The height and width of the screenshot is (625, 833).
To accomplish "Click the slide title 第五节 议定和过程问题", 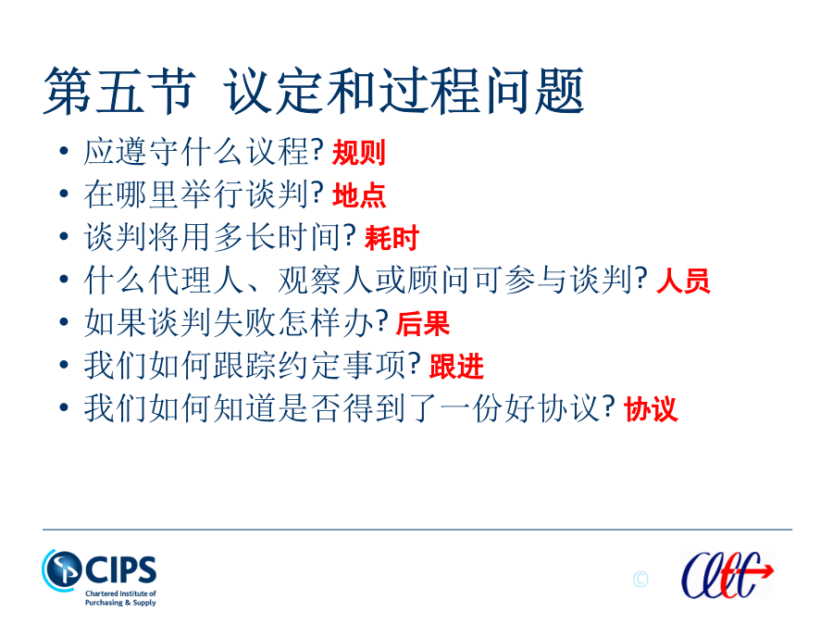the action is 314,91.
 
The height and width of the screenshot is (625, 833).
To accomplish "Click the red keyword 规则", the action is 358,153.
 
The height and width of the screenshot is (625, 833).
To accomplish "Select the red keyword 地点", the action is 358,195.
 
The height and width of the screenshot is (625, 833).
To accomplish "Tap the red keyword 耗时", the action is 392,238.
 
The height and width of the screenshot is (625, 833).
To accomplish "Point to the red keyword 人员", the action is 683,280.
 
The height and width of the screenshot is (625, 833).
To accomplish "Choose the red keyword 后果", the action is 423,323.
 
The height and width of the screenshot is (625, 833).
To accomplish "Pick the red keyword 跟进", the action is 456,366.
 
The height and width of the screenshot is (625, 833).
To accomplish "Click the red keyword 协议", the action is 651,408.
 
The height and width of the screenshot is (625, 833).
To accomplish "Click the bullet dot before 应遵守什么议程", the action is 64,152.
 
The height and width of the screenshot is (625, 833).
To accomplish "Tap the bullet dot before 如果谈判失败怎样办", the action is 64,322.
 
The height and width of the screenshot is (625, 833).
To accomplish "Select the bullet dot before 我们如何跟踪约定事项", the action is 64,365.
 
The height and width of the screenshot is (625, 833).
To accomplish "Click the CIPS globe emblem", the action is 62,569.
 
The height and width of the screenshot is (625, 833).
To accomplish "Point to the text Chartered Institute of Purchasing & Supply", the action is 120,598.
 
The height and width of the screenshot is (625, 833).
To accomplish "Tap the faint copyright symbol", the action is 640,579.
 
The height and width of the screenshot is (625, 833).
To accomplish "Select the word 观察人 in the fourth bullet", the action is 326,280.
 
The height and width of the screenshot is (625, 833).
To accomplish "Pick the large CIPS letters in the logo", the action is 120,569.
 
